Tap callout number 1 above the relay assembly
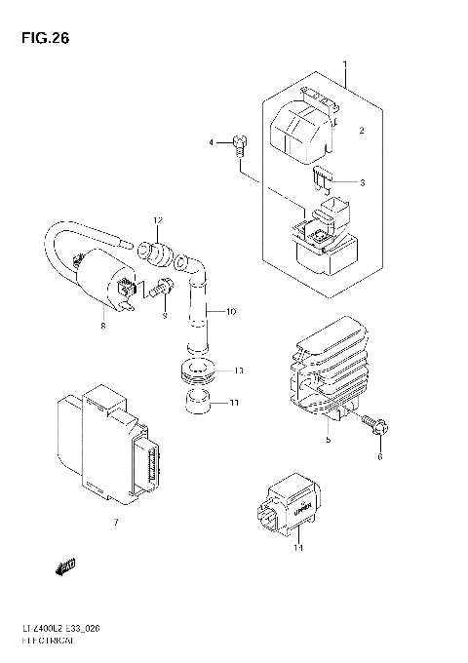point(345,64)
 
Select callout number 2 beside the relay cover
point(360,130)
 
